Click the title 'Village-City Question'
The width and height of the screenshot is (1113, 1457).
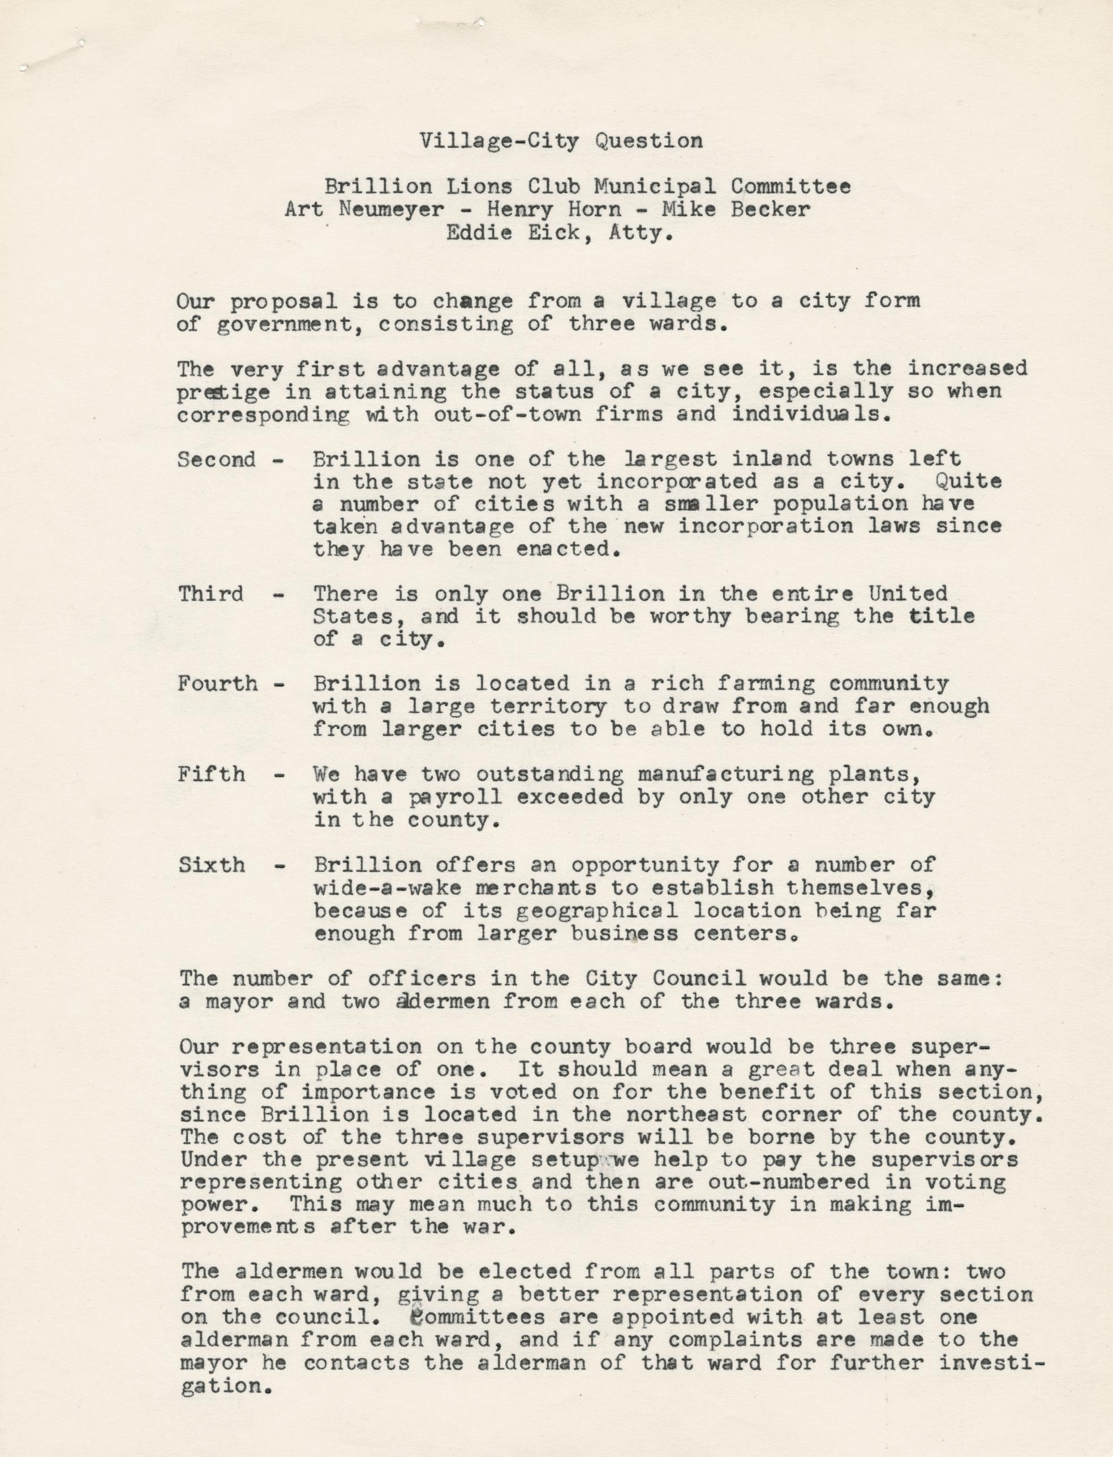[561, 140]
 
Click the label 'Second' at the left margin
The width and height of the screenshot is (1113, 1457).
[216, 459]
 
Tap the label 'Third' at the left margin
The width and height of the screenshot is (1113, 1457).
[210, 593]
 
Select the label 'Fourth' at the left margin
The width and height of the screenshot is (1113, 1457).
[217, 683]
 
